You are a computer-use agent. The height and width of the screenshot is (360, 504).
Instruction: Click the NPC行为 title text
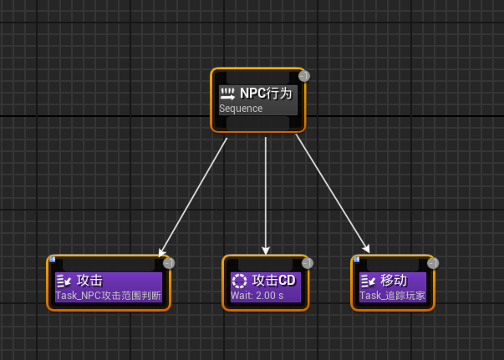(266, 94)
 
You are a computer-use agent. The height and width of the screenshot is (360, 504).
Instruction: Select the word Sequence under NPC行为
(241, 109)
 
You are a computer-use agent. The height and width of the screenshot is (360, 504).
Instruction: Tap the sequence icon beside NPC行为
(227, 94)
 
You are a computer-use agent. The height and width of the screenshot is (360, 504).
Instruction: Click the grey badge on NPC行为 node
(304, 76)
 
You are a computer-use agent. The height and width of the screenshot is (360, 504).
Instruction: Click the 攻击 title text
(89, 281)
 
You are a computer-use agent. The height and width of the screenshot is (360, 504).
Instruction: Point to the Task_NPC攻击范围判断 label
(108, 296)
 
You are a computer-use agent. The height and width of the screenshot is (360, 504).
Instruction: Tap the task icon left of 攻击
(64, 281)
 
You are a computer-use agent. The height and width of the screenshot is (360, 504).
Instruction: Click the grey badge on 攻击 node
(169, 263)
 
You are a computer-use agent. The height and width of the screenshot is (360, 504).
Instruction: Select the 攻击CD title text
(274, 281)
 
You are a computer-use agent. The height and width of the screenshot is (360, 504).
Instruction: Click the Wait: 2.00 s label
(257, 296)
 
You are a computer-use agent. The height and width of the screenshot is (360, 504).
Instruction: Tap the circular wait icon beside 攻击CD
(240, 281)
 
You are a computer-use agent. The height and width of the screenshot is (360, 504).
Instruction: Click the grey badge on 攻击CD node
(307, 263)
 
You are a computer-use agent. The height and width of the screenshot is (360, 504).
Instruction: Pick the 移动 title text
(394, 281)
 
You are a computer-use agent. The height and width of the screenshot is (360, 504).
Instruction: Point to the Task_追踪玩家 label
(392, 296)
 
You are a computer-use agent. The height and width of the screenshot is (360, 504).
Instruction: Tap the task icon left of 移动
(368, 281)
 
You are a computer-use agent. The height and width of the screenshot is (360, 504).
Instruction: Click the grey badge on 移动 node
(433, 263)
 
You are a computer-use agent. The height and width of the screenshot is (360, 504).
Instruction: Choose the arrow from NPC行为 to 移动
(332, 193)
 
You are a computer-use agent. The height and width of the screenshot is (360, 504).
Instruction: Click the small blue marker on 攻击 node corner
(52, 259)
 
